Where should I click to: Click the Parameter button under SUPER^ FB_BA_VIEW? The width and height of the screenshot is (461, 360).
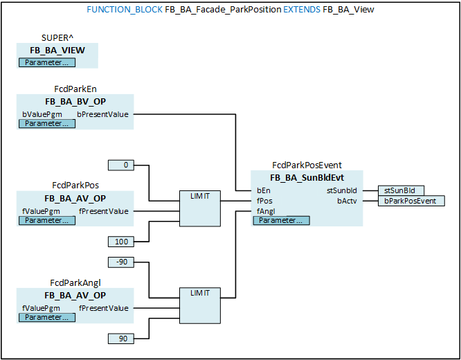(46, 62)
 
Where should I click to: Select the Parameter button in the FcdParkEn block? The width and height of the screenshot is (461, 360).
(46, 123)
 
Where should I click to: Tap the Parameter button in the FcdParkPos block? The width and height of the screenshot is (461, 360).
(46, 220)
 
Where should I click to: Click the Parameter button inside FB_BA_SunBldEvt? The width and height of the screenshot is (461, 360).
(281, 220)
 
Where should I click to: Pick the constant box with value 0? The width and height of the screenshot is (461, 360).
(121, 165)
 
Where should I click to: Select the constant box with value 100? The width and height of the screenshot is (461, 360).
(121, 241)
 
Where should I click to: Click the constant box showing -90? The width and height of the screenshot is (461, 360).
(121, 262)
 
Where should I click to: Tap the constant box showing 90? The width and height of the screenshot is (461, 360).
(121, 338)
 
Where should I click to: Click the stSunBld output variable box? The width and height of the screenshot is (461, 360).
(401, 190)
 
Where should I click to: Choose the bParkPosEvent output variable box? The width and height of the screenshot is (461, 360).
(411, 201)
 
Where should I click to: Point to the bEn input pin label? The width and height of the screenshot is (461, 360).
(263, 190)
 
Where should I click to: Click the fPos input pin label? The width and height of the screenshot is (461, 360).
(264, 201)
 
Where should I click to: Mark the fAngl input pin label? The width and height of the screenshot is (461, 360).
(266, 211)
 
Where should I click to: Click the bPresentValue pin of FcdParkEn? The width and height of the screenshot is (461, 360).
(102, 114)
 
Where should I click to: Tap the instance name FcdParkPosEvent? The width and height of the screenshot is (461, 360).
(307, 165)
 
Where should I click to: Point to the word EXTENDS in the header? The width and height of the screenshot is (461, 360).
(302, 10)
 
